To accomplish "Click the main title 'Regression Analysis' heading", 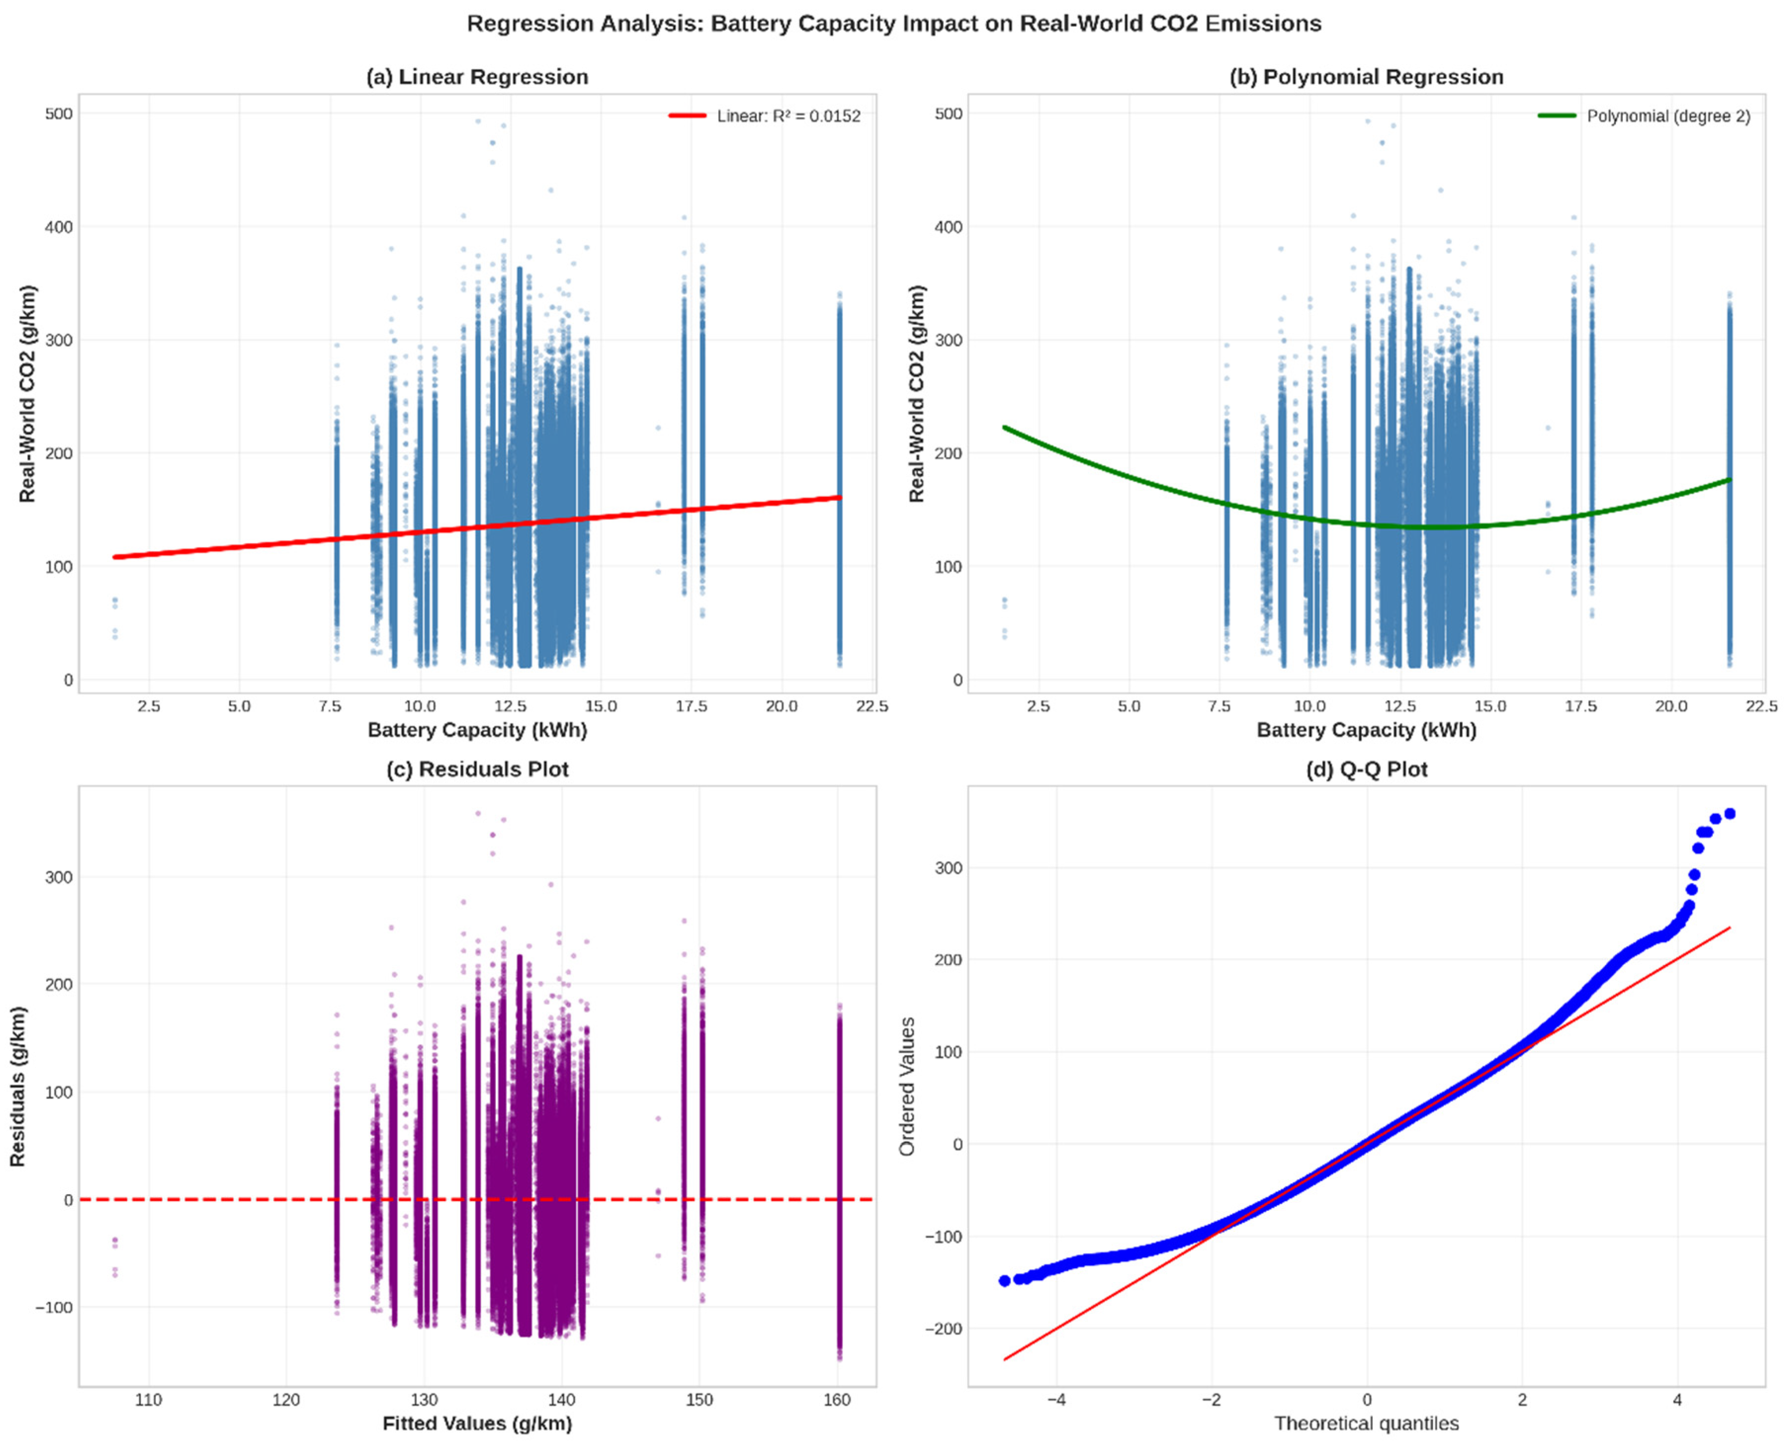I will (x=894, y=23).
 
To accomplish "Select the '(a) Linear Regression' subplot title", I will (x=477, y=77).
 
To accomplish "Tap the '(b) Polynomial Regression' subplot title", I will (x=1366, y=77).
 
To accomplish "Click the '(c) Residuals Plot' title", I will (x=477, y=770).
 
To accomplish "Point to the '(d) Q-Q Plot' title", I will (x=1366, y=770).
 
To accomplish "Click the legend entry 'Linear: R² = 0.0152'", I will (x=788, y=116).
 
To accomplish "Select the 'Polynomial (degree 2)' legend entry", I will (x=1668, y=116).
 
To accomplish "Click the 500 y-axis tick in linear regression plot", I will (x=58, y=113).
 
